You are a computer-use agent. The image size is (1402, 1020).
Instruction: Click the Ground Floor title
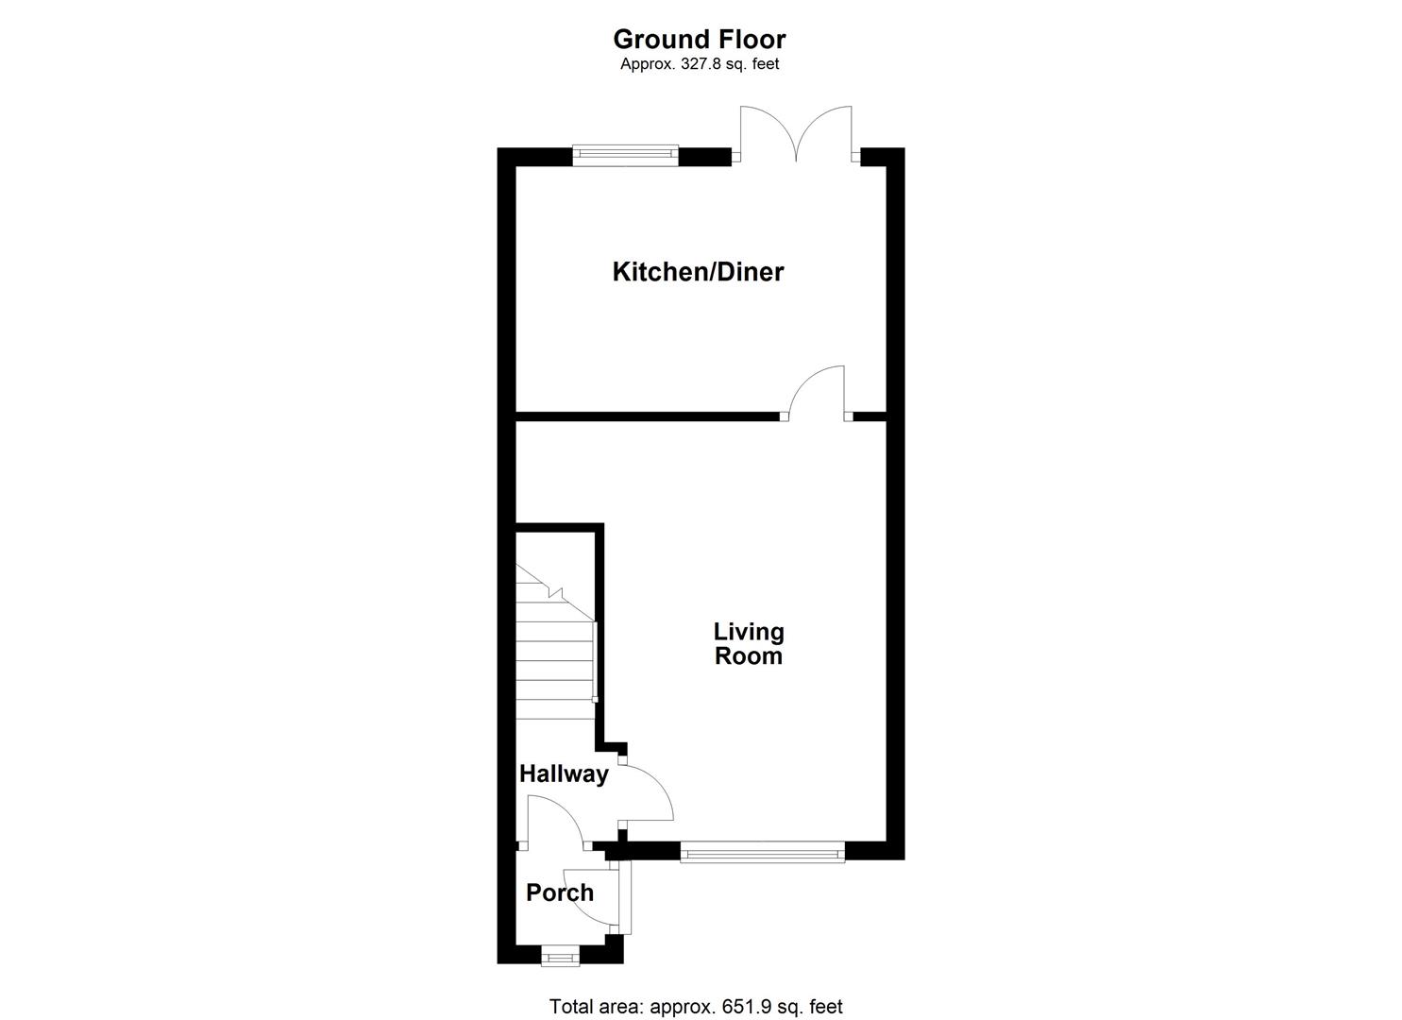tap(699, 39)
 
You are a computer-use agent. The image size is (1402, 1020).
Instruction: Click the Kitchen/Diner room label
tap(698, 272)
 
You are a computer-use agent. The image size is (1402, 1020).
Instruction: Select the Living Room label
tap(748, 643)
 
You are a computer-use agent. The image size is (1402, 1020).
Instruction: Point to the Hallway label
tap(564, 774)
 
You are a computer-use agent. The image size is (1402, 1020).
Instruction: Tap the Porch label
tap(560, 892)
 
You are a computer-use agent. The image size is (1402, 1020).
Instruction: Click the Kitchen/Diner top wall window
tap(626, 154)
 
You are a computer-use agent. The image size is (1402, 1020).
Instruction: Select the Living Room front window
tap(762, 854)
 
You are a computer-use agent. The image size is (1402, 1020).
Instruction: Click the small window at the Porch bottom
tap(560, 958)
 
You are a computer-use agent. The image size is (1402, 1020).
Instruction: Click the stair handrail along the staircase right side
tap(594, 661)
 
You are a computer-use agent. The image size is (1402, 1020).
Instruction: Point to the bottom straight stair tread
tap(553, 708)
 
